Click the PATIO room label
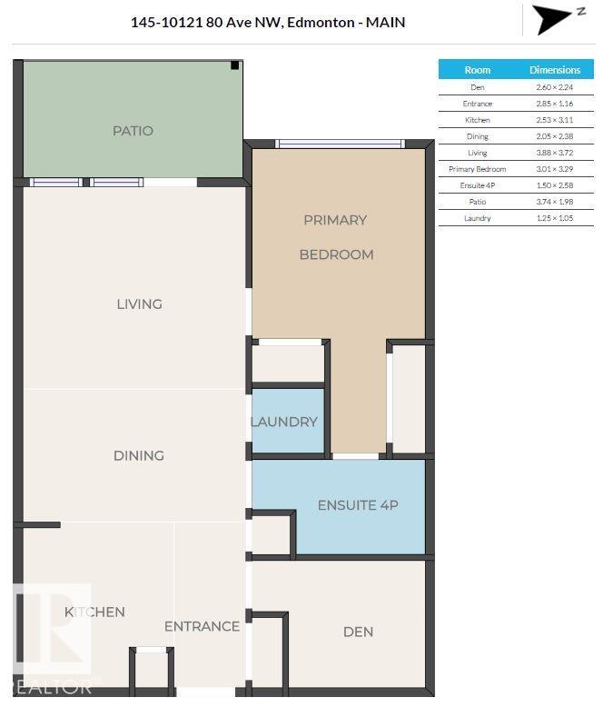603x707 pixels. [133, 131]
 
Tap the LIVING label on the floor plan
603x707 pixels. [139, 304]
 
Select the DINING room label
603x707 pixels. [139, 455]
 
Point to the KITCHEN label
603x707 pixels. [94, 612]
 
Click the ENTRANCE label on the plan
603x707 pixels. [202, 626]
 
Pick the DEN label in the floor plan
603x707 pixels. [359, 632]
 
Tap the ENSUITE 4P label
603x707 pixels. [358, 505]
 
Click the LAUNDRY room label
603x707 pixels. [284, 422]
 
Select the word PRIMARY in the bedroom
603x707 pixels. [335, 220]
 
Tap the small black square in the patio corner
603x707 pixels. [235, 65]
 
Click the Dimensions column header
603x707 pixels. [555, 70]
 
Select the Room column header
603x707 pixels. [478, 70]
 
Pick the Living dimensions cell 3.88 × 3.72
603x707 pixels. [555, 153]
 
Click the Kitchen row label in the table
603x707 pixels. [478, 120]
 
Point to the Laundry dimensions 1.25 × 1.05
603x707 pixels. [555, 218]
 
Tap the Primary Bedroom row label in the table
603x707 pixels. [478, 169]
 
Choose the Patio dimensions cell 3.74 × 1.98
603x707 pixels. [555, 202]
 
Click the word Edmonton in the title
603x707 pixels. [321, 22]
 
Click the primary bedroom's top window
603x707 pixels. [341, 144]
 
